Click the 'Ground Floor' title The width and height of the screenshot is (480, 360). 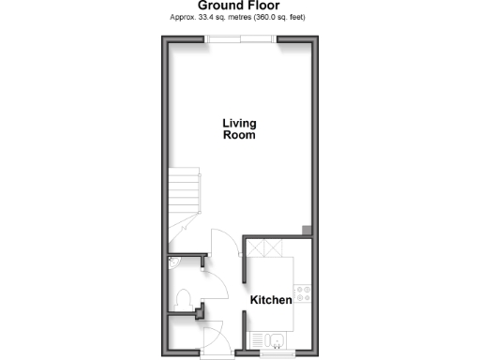239,5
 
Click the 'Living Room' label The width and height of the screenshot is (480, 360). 239,128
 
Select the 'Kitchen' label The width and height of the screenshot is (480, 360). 270,300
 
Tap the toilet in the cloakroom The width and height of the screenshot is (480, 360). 184,300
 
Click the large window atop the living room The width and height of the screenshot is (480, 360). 241,38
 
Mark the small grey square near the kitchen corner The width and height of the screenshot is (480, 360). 306,230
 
